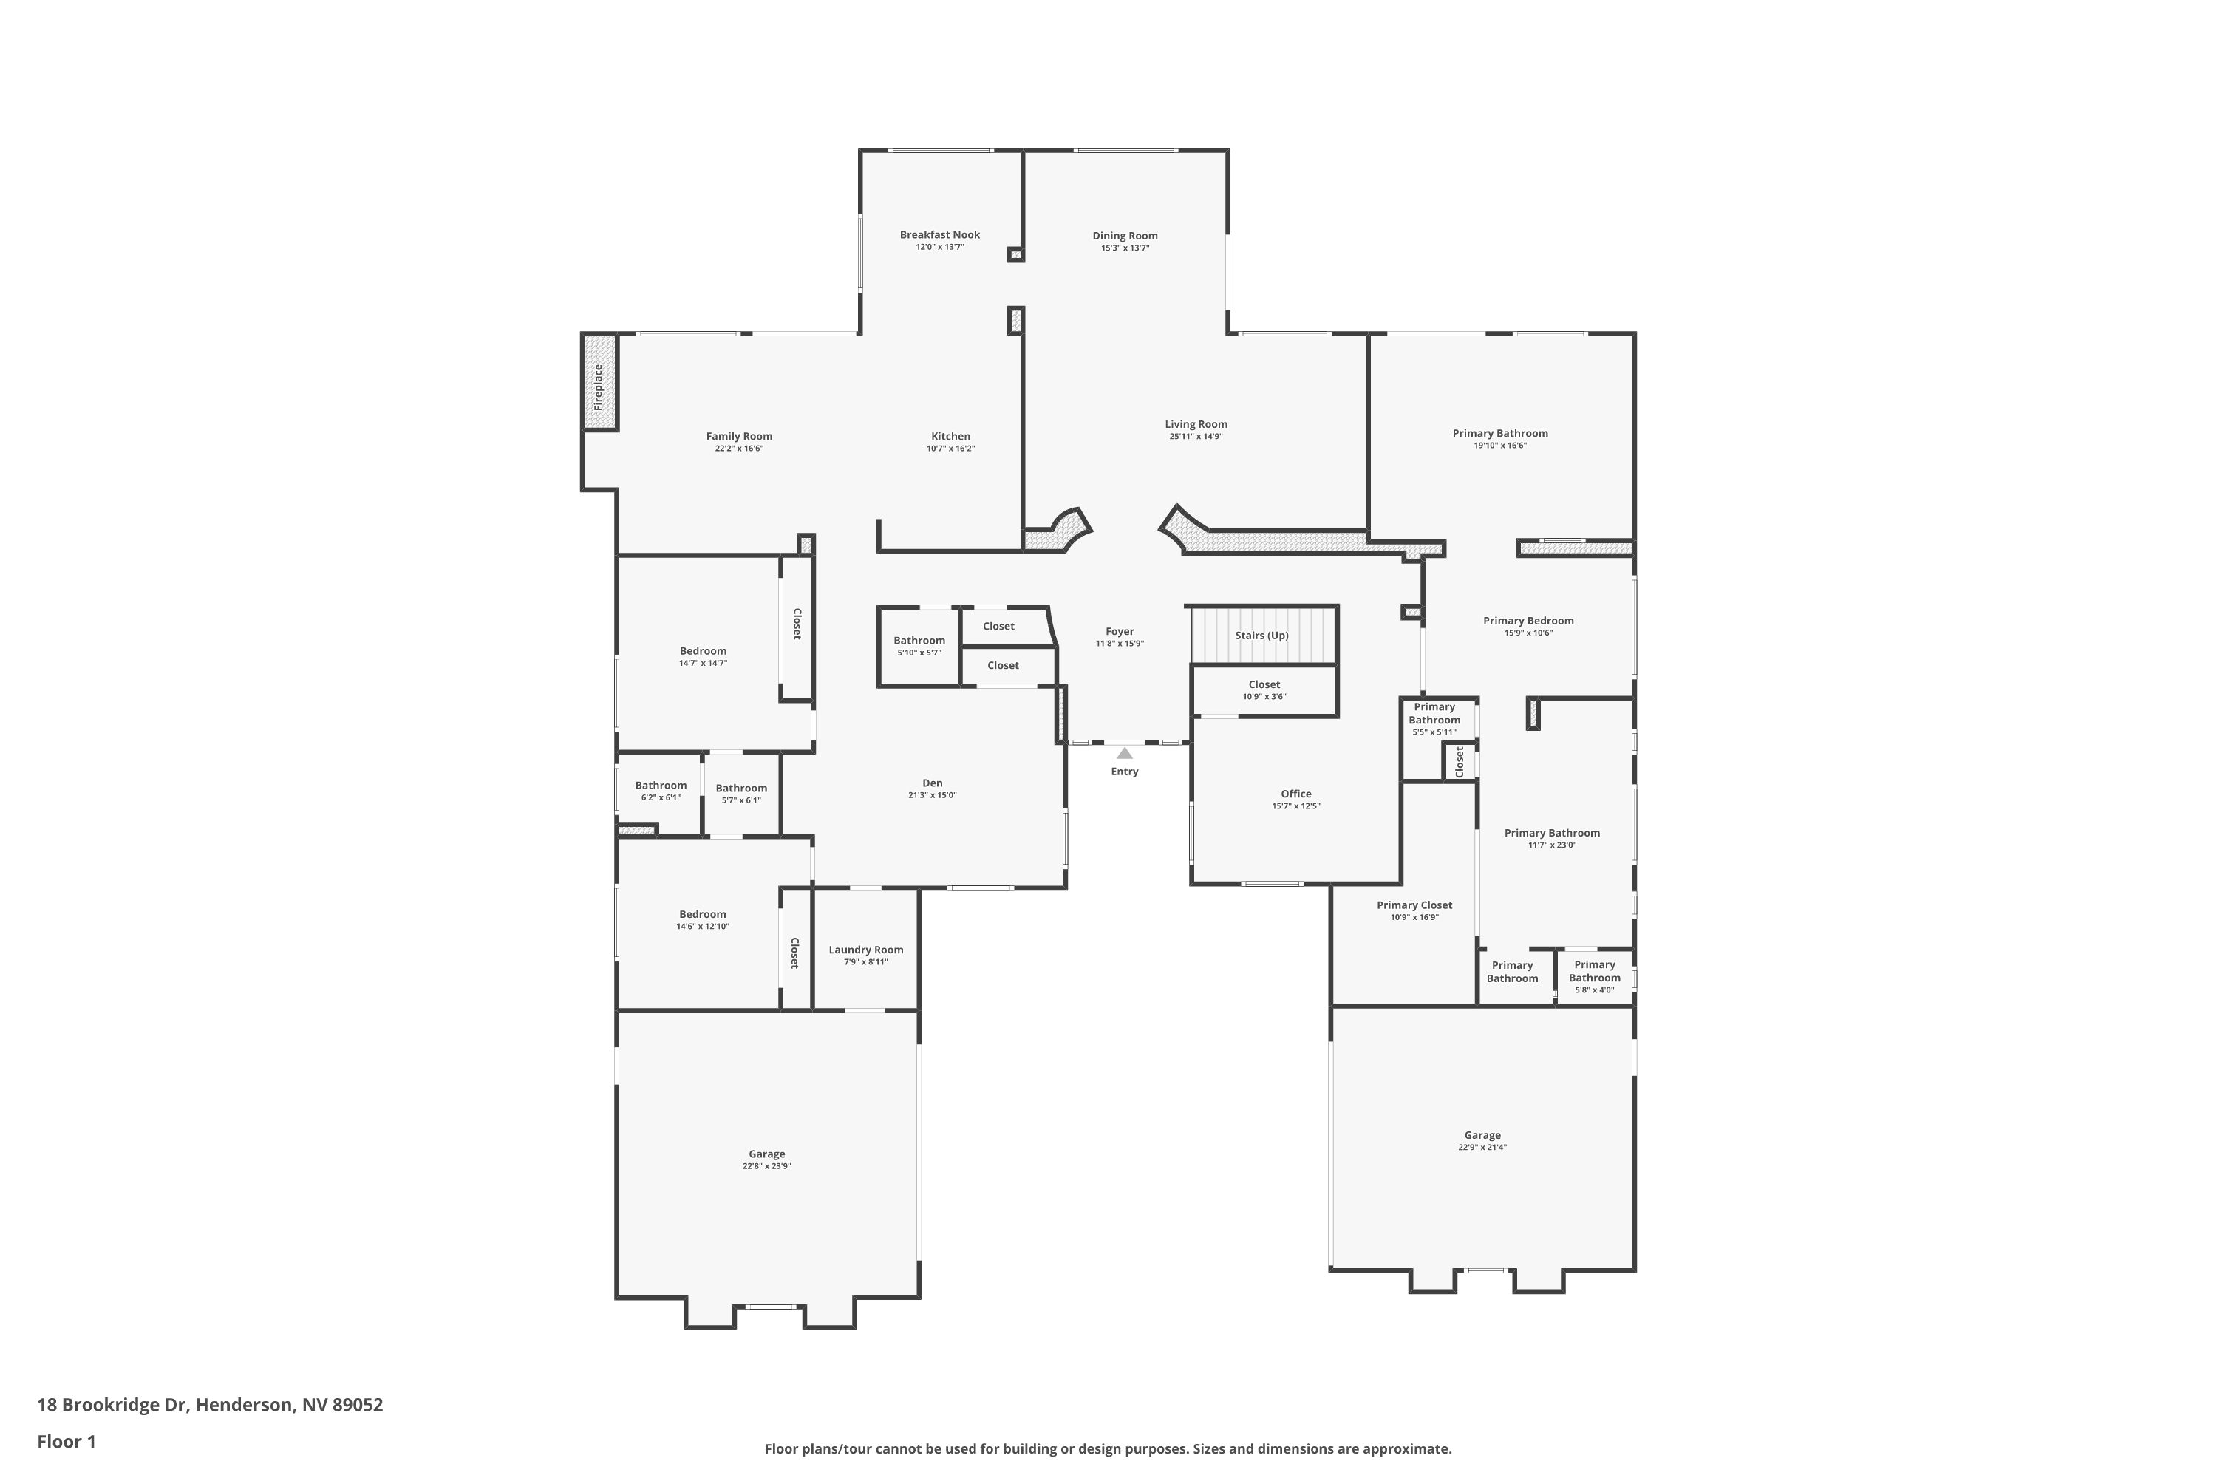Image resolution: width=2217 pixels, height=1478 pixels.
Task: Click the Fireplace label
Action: pos(598,386)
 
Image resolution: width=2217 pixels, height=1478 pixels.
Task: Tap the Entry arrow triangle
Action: pos(1125,753)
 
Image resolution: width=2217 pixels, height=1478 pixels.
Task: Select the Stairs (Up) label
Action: pos(1262,636)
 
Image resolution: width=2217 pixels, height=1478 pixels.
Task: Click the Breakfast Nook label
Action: pos(940,235)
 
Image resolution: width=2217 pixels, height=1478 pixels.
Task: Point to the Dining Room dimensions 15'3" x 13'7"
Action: pos(1125,248)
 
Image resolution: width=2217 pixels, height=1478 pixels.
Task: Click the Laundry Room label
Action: pos(866,950)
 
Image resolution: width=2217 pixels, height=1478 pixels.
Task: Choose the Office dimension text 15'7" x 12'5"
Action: pos(1296,806)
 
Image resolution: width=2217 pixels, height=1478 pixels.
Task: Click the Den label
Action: pos(932,783)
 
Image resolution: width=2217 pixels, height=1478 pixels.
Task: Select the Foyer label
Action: pos(1120,632)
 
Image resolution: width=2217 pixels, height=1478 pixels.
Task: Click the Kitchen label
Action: pos(951,437)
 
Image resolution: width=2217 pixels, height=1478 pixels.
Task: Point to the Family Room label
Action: pos(739,437)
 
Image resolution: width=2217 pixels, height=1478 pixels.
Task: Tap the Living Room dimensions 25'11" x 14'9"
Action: pos(1196,437)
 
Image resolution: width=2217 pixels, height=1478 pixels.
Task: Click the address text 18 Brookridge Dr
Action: pos(113,1406)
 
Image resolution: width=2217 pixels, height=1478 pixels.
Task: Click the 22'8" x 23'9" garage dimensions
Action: pos(767,1166)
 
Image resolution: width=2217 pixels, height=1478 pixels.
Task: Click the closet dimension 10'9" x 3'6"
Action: pos(1264,697)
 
